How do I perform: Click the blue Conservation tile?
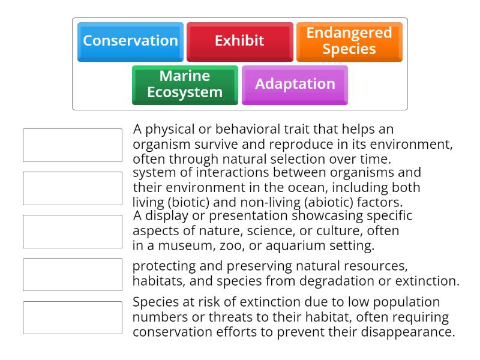pos(130,41)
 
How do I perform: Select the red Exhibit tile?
pos(239,41)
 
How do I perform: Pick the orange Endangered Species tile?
pos(349,41)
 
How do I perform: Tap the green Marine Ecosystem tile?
pos(185,85)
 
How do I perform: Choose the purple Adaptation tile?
pos(295,85)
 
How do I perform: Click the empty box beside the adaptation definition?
pos(73,145)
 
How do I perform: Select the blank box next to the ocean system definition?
pos(73,188)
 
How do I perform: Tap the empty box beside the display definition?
pos(73,232)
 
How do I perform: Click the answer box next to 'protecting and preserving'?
pos(73,275)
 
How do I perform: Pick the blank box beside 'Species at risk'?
pos(73,318)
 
